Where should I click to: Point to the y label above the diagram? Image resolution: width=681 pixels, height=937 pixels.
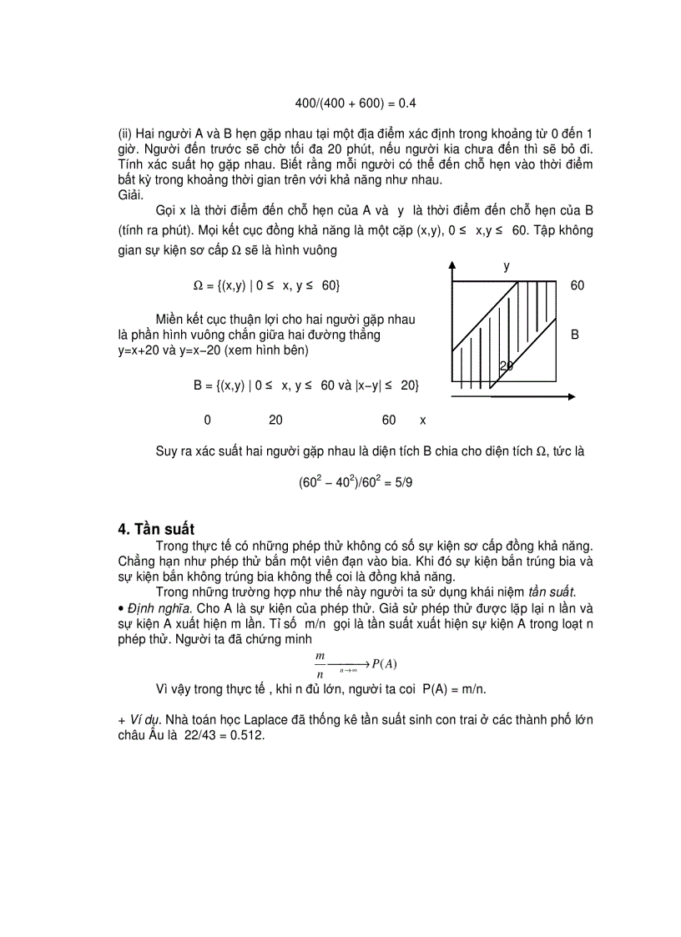tap(506, 265)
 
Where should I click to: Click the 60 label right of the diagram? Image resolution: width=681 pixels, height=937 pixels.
tap(578, 285)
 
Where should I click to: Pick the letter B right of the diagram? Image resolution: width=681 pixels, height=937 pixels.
tap(575, 335)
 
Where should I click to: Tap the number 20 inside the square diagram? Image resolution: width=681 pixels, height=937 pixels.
tap(507, 366)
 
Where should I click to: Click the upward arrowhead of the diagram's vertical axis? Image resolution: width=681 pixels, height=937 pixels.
tap(451, 266)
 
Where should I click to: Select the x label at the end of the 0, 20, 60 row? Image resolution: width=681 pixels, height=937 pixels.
tap(422, 421)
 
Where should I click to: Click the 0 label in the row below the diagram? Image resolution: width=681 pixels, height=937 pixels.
tap(207, 421)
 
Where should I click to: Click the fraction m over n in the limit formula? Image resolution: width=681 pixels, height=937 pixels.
tap(320, 665)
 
